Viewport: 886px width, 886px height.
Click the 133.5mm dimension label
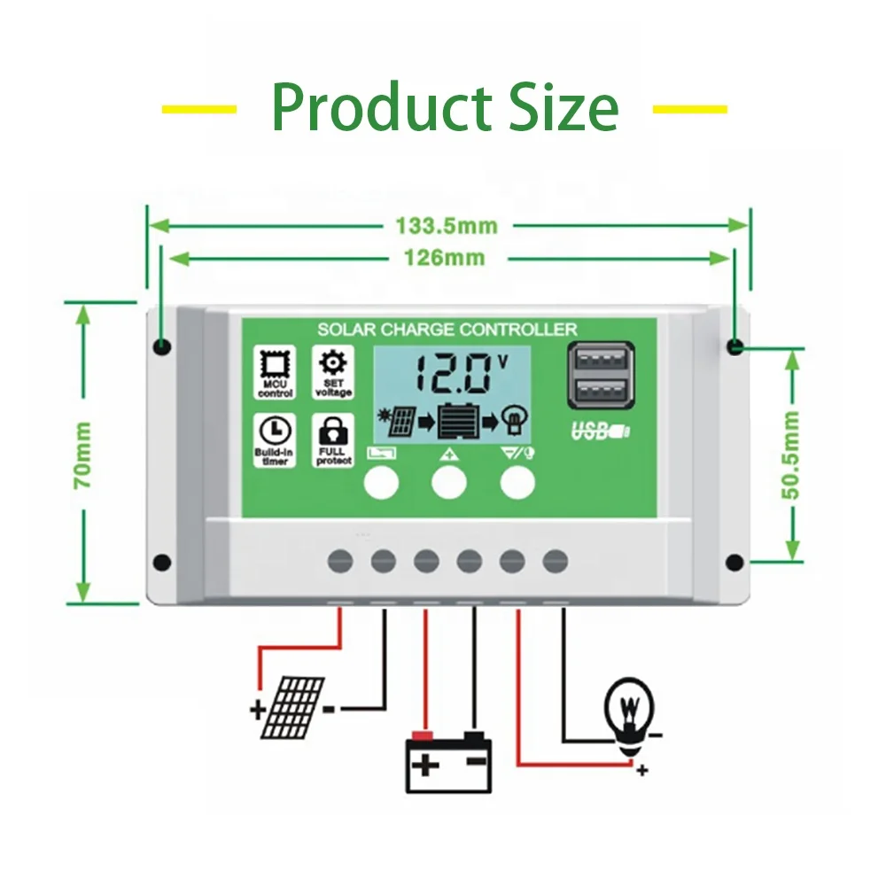tap(446, 226)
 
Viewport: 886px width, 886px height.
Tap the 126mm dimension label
tap(446, 258)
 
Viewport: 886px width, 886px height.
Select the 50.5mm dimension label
tap(792, 455)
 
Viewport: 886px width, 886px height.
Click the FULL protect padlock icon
tap(333, 433)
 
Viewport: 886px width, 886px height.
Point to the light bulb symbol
tap(629, 711)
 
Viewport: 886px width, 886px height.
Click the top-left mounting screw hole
tap(161, 346)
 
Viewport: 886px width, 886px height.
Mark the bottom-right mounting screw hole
tap(734, 562)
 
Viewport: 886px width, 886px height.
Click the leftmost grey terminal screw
tap(340, 561)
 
